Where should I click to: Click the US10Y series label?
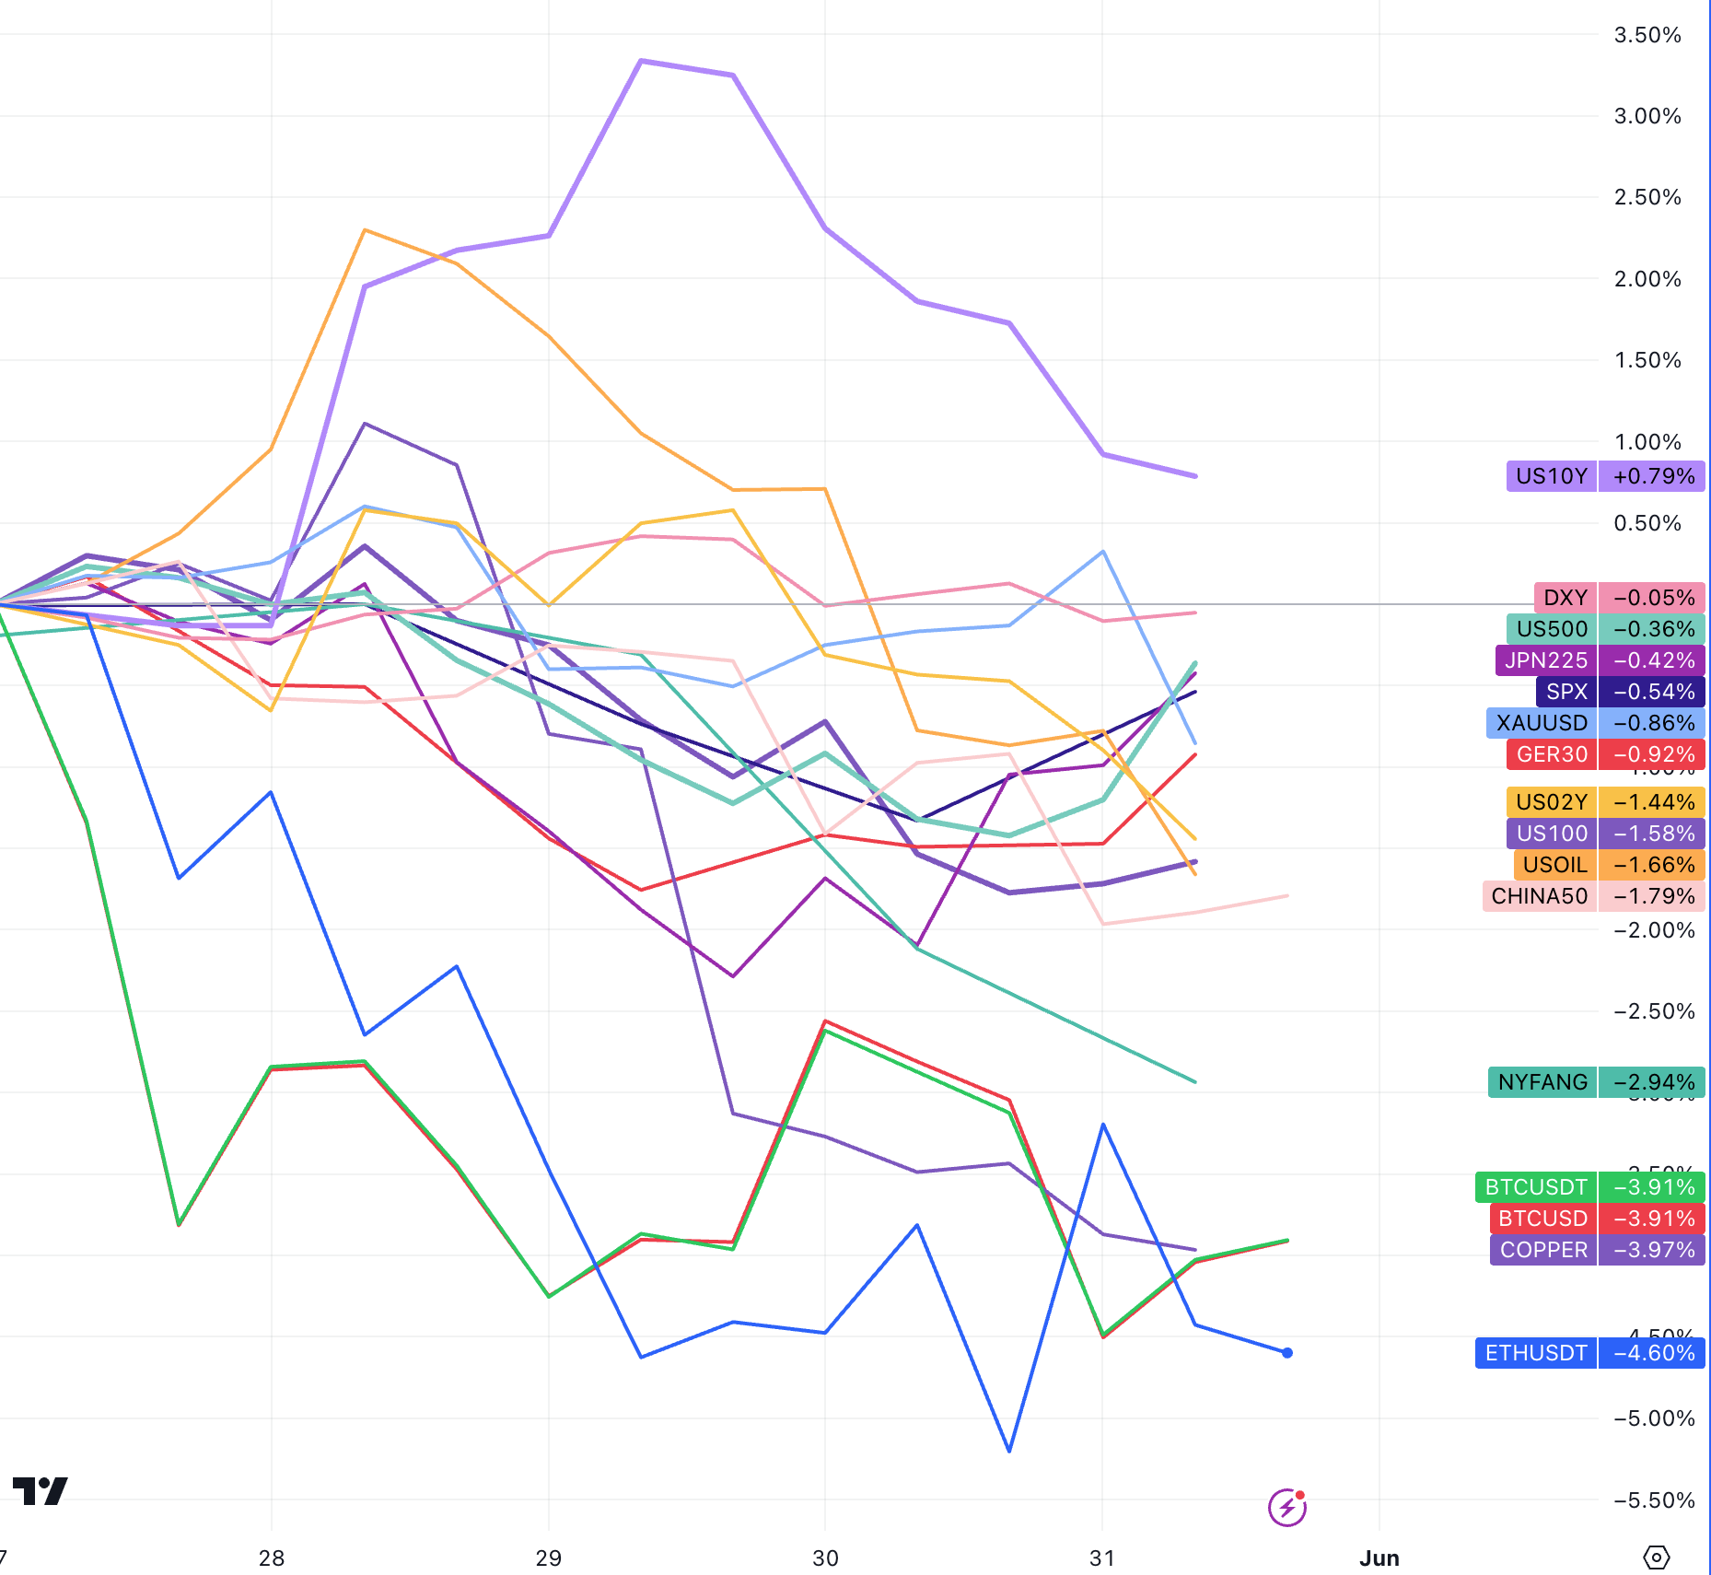coord(1552,476)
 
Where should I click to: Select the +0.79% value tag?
coord(1653,476)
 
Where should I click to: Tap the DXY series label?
coord(1566,598)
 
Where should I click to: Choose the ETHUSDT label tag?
coord(1536,1353)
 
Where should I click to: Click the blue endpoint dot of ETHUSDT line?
coord(1287,1353)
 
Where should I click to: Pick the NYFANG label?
coord(1542,1082)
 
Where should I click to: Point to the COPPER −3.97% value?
coord(1653,1250)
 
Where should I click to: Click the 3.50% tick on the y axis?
coord(1647,35)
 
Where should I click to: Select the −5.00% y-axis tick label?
coord(1653,1418)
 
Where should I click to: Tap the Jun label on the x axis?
coord(1379,1558)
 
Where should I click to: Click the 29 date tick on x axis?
coord(549,1558)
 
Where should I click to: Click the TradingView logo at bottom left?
coord(41,1491)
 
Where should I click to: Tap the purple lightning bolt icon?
coord(1286,1508)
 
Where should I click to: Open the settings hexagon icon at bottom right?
coord(1656,1557)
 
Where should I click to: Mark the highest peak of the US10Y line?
coord(641,61)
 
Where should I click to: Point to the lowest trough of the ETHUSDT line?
coord(1010,1451)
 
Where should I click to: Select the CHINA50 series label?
coord(1539,896)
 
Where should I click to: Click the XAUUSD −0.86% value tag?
coord(1653,723)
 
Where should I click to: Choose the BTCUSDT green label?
coord(1536,1187)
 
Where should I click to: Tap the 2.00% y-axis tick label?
coord(1647,279)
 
